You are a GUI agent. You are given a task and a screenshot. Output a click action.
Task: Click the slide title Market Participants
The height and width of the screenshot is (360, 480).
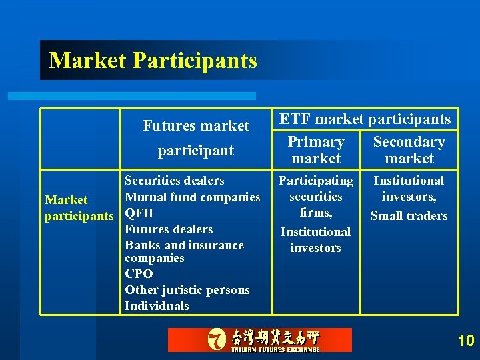(x=153, y=60)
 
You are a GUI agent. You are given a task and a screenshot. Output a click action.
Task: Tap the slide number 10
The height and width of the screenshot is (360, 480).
(x=466, y=341)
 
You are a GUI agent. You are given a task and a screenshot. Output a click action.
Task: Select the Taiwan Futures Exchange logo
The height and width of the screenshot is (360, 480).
(x=259, y=340)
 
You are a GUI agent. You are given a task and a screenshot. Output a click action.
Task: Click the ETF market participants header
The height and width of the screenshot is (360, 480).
(x=365, y=119)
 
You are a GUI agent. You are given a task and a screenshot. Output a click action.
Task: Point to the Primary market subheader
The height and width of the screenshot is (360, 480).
(x=316, y=150)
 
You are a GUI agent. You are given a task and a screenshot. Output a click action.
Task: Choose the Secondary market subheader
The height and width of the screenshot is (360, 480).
(x=409, y=150)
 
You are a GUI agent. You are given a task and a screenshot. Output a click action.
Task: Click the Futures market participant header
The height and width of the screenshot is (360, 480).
(x=196, y=138)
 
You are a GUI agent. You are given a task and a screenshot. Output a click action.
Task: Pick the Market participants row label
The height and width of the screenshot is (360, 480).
(x=79, y=208)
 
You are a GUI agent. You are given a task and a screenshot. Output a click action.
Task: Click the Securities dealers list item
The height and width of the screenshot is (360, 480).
(x=175, y=181)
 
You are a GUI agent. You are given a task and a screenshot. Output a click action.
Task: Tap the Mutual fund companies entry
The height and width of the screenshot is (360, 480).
(x=193, y=197)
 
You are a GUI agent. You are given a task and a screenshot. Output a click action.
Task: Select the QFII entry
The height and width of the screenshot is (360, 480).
(x=139, y=213)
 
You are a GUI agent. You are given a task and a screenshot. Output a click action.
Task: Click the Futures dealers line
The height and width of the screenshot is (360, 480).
(x=169, y=229)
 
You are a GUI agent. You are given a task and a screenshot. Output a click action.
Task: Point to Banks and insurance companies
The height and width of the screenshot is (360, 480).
(x=184, y=251)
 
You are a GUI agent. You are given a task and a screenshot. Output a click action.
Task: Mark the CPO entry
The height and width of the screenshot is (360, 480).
(x=139, y=274)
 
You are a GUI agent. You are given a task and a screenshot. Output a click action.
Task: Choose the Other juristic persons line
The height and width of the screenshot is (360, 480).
(x=187, y=290)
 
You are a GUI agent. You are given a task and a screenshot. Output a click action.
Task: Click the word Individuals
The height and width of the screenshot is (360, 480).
(x=157, y=306)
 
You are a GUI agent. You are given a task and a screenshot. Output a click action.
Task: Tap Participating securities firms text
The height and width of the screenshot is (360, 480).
(x=316, y=197)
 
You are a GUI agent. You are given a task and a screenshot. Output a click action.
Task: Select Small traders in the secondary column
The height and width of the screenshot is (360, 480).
(x=409, y=215)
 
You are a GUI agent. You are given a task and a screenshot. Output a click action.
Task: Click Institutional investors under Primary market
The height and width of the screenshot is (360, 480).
(x=315, y=240)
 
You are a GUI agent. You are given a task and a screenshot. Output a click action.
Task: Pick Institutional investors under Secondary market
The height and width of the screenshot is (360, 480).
(x=409, y=188)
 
